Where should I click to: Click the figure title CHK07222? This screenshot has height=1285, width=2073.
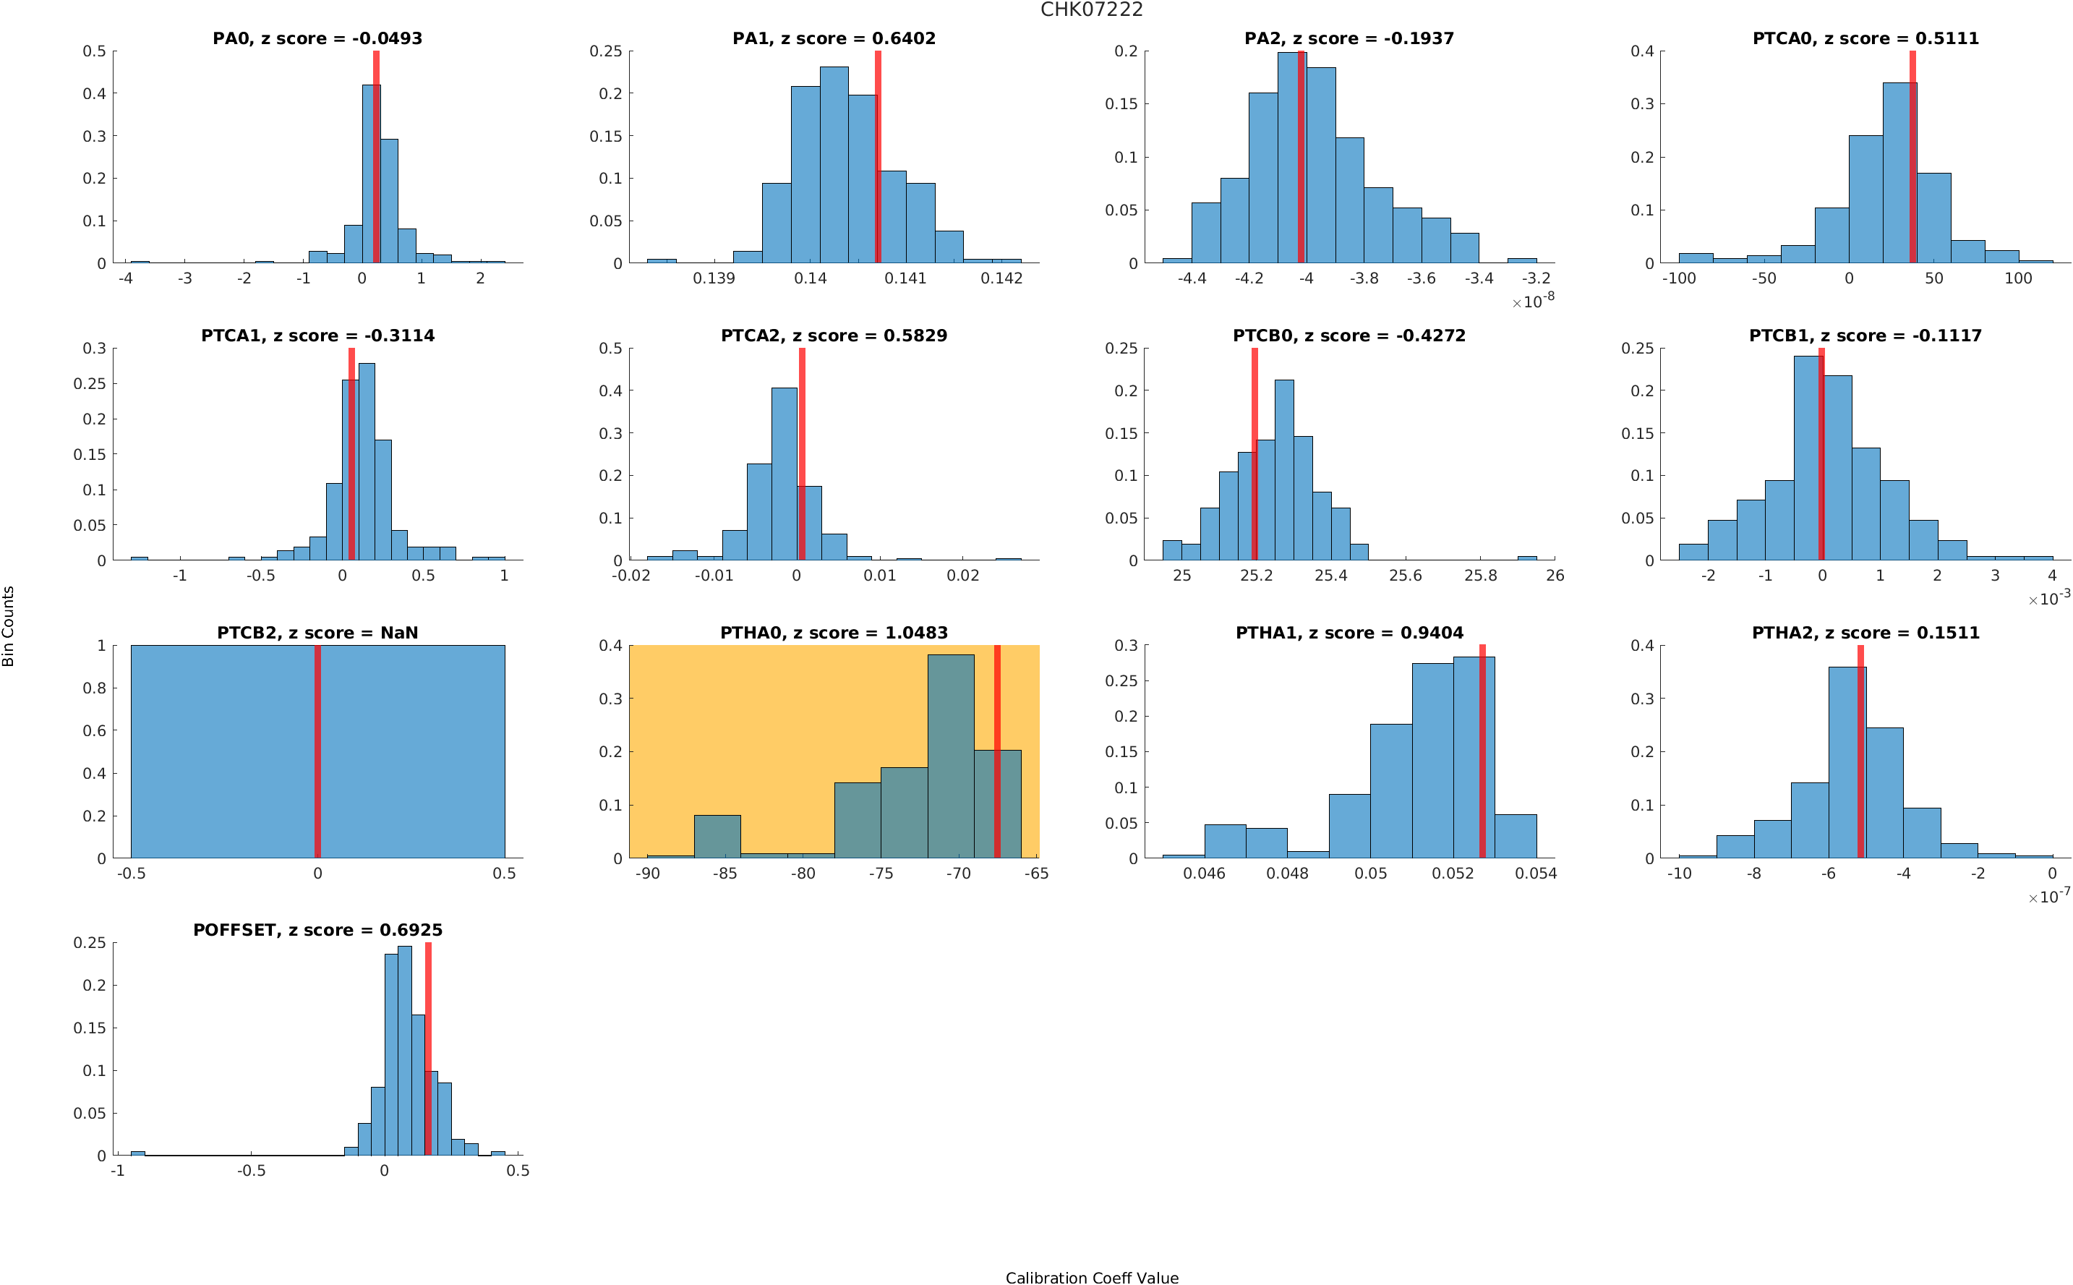tap(1091, 10)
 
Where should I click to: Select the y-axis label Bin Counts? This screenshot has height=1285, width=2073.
tap(9, 626)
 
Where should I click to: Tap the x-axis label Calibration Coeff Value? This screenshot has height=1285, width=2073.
tap(1091, 1276)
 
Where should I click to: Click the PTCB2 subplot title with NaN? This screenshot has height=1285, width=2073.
tap(317, 632)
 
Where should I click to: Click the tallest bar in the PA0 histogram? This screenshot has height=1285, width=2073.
tap(370, 174)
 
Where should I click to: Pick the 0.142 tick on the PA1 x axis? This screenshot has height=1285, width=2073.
tap(1001, 278)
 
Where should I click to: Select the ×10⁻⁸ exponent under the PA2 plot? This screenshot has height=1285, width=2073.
tap(1533, 301)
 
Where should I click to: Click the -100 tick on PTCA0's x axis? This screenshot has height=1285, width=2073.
tap(1678, 278)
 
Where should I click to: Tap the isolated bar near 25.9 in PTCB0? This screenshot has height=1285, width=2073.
tap(1526, 558)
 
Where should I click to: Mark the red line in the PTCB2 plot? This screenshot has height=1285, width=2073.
tap(317, 751)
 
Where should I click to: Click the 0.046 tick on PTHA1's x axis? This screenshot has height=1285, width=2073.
tap(1204, 874)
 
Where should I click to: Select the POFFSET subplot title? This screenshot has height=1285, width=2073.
tap(317, 930)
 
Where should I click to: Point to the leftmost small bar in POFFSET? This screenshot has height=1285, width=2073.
tap(137, 1153)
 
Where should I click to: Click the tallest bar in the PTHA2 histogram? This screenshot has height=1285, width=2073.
tap(1846, 761)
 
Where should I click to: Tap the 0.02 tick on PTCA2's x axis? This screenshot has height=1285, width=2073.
tap(962, 576)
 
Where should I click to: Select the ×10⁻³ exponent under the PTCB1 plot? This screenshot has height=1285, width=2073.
tap(2048, 598)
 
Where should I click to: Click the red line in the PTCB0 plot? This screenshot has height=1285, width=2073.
tap(1254, 454)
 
